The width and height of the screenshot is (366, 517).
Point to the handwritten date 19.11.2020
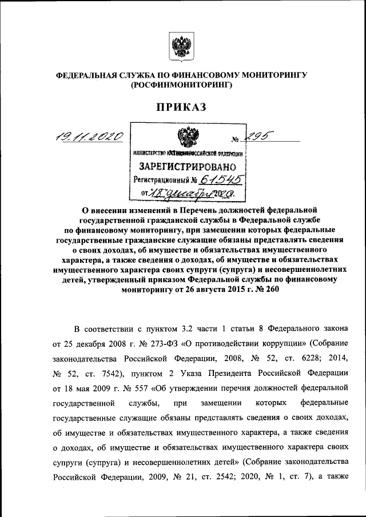point(89,135)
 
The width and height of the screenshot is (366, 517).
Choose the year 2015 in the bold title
point(223,290)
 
